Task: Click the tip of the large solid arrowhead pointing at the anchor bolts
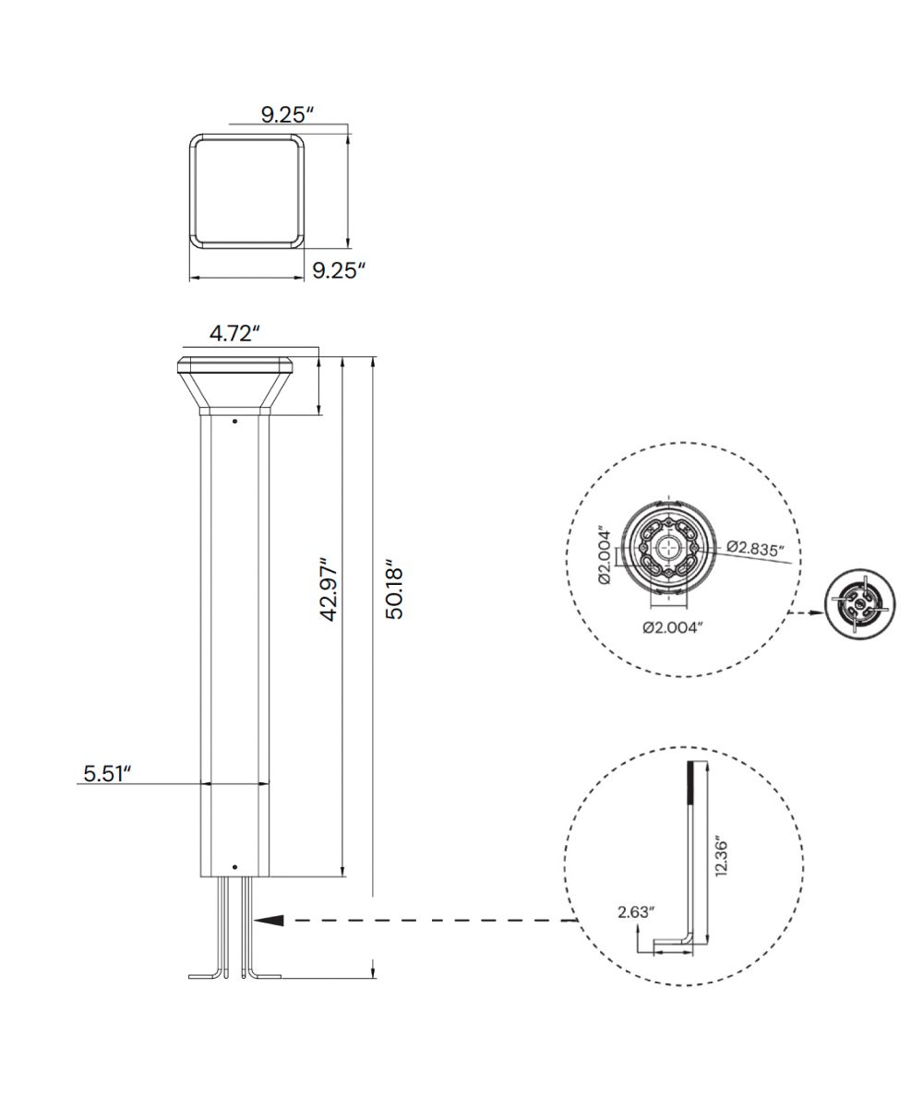pos(254,921)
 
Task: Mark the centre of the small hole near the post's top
pos(234,422)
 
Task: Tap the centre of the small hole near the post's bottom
pos(234,867)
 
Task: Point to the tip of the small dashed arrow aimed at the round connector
pos(826,613)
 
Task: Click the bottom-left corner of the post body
pos(200,877)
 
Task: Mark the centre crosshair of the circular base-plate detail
pos(669,549)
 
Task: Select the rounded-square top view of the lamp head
pos(247,191)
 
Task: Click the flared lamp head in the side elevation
pos(234,386)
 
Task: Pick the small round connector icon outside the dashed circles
pos(860,604)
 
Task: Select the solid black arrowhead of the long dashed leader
pos(269,921)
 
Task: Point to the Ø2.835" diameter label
pos(755,547)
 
